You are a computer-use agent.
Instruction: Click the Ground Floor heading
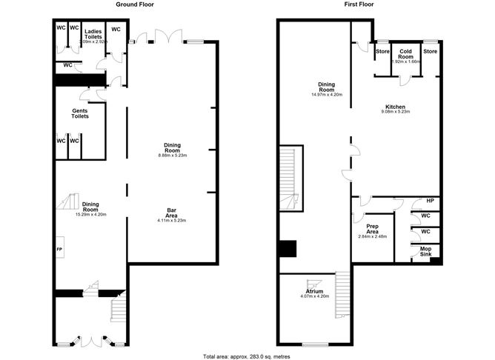135,4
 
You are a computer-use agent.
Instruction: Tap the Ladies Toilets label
93,35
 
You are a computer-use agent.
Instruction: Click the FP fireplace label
59,250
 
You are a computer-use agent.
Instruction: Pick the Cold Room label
405,54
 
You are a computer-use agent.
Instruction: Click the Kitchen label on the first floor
395,107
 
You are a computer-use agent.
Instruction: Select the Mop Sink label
425,251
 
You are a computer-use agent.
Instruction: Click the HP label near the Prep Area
430,201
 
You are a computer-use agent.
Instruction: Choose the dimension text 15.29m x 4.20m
90,214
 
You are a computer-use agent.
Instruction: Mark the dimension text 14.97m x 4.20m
327,95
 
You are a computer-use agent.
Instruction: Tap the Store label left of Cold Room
382,51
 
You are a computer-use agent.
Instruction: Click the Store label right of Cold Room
431,51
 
